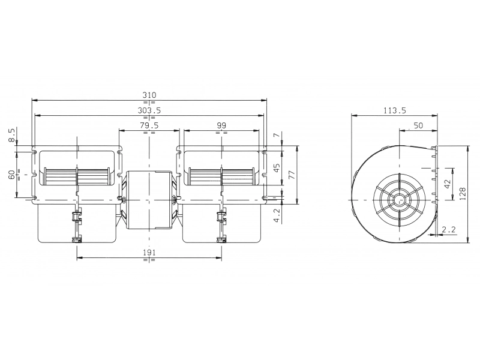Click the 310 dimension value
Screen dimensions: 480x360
[x=149, y=95]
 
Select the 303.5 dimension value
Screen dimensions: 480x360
[x=149, y=110]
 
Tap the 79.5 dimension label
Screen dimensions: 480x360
[x=149, y=125]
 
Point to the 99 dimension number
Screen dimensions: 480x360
[x=221, y=125]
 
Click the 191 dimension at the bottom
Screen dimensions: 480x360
[x=149, y=253]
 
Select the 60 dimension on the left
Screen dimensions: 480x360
[x=11, y=175]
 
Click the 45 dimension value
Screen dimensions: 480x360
[x=277, y=167]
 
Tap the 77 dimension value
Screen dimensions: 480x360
[x=292, y=175]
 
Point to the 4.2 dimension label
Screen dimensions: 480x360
[x=277, y=216]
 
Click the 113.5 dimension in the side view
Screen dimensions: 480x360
[x=395, y=110]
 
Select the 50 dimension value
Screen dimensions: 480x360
[x=418, y=125]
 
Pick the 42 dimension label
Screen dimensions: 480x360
[x=448, y=184]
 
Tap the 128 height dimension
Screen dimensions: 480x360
[x=463, y=194]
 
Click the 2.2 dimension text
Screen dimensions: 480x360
[x=449, y=229]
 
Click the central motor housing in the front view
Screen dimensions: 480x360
[x=149, y=200]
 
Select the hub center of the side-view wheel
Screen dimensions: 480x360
[x=400, y=200]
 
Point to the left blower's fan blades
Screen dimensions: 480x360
[x=77, y=176]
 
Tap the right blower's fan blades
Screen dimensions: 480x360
[x=221, y=176]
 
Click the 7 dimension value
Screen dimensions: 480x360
[x=277, y=134]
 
